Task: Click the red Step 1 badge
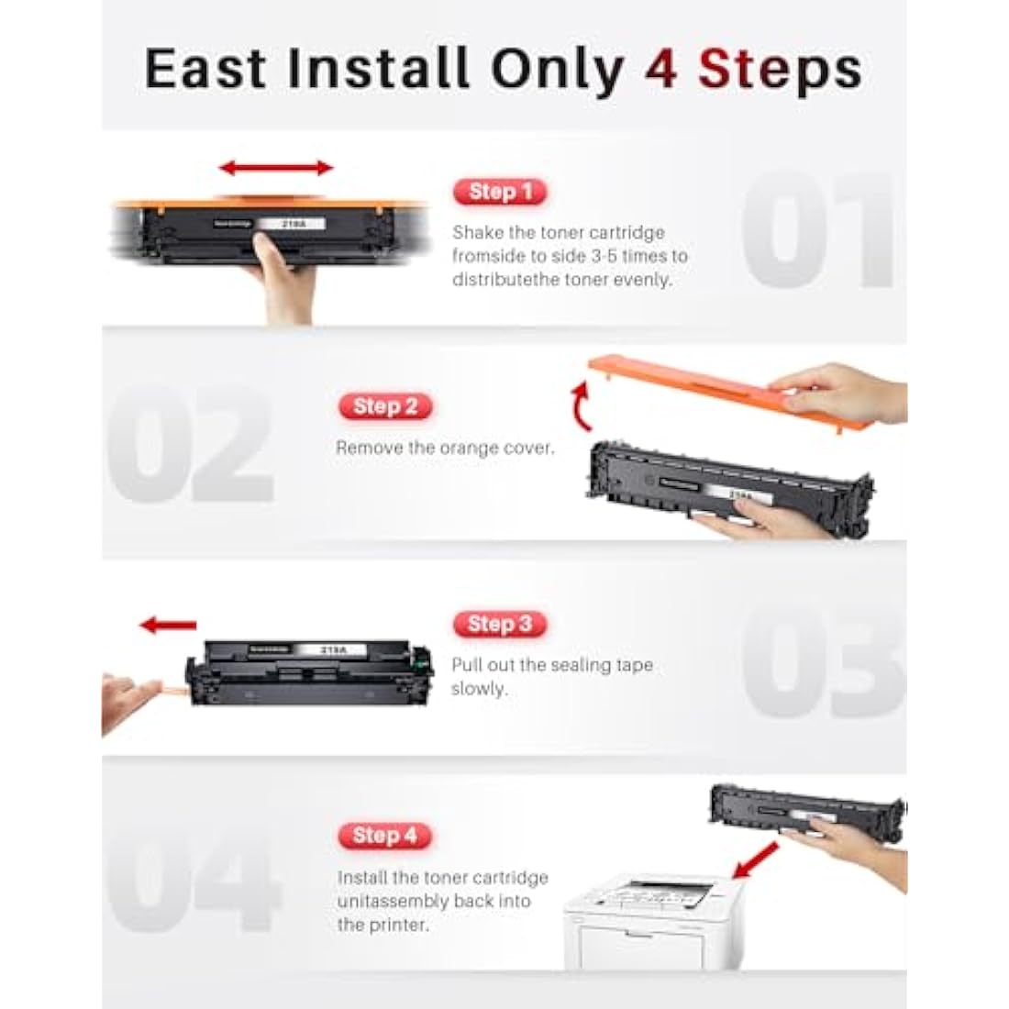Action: [x=500, y=192]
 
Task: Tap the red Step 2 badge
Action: [x=385, y=406]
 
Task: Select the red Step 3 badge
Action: [x=500, y=625]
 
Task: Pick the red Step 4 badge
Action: [x=385, y=836]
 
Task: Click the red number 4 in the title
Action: [x=660, y=69]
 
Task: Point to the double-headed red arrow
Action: [x=276, y=168]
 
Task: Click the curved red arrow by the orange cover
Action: [x=579, y=409]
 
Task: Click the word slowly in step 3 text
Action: [x=478, y=689]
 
